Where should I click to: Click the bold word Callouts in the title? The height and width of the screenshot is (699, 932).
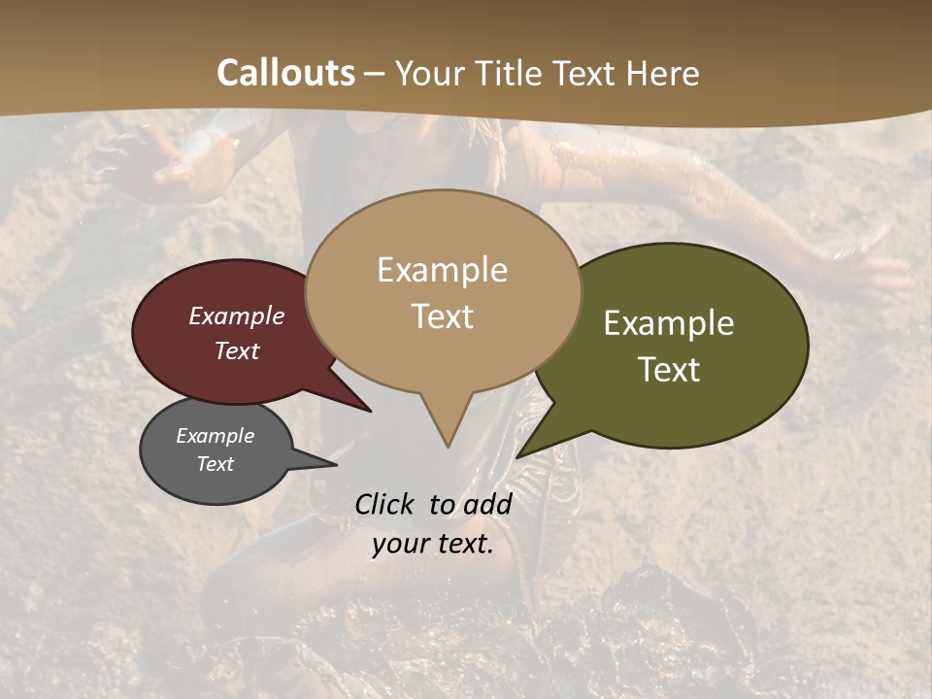pyautogui.click(x=285, y=73)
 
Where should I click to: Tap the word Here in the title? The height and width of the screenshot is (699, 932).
pyautogui.click(x=663, y=73)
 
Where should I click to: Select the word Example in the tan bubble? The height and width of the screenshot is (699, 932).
pyautogui.click(x=442, y=270)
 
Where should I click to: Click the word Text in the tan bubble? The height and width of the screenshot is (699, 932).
pyautogui.click(x=442, y=316)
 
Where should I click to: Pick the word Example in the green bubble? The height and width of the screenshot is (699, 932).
pyautogui.click(x=669, y=323)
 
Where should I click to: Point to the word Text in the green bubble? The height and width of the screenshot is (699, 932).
pyautogui.click(x=669, y=370)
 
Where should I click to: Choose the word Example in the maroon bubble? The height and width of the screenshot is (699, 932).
pyautogui.click(x=237, y=316)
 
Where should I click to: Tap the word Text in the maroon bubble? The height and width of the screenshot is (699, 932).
pyautogui.click(x=237, y=350)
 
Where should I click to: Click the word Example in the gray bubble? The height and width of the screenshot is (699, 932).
pyautogui.click(x=216, y=436)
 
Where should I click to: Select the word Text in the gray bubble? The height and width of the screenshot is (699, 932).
pyautogui.click(x=216, y=464)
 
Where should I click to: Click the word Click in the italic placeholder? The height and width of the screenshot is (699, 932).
pyautogui.click(x=386, y=504)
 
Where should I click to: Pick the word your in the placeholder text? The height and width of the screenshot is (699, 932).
pyautogui.click(x=400, y=544)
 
